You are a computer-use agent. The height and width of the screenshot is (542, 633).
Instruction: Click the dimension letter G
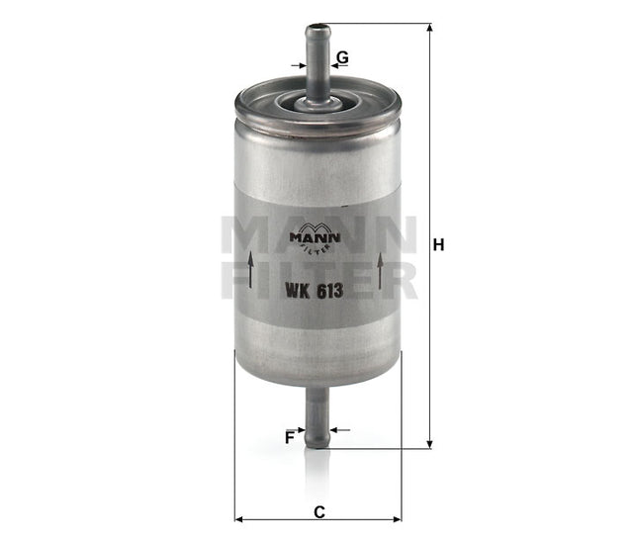point(342,57)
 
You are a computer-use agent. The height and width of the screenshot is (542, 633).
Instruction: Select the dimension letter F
point(290,436)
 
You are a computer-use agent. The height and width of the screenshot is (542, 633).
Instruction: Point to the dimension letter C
point(317,511)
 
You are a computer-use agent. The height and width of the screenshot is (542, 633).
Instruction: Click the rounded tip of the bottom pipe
point(317,444)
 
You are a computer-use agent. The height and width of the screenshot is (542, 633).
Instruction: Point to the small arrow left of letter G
point(298,65)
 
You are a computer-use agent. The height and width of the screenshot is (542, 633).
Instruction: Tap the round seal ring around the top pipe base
point(317,102)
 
